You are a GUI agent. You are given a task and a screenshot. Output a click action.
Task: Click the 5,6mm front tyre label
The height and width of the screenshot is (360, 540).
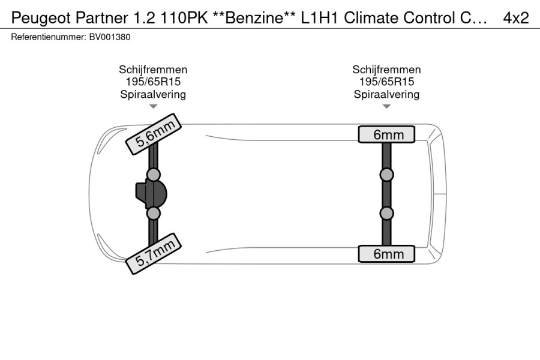(153, 134)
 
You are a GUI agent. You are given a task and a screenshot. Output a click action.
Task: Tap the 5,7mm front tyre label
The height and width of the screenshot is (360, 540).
(153, 254)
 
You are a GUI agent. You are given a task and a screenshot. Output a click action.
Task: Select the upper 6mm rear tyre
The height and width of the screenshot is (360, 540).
(386, 134)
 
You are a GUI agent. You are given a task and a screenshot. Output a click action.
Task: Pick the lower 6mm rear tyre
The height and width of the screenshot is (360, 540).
(386, 254)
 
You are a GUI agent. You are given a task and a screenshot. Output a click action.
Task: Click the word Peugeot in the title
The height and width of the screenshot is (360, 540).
(41, 18)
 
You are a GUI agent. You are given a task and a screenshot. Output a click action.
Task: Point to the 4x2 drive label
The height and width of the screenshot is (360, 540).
(515, 18)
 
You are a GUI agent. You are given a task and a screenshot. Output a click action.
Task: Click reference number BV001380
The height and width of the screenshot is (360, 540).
(110, 37)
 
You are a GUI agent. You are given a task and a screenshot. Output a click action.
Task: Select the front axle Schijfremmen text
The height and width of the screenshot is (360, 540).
(153, 70)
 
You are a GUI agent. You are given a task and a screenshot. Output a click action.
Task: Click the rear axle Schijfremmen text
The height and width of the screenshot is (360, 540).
(386, 70)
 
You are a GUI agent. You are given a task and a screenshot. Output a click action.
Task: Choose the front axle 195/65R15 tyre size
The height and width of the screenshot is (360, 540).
(153, 82)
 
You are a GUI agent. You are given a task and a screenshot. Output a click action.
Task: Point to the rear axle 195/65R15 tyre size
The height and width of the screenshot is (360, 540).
(386, 82)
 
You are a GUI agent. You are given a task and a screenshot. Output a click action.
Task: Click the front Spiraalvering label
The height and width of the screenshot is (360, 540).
(153, 94)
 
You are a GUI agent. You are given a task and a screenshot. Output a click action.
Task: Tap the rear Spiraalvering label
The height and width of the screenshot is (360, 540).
(386, 94)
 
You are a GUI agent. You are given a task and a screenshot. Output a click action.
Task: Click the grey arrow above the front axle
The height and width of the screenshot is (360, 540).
(153, 106)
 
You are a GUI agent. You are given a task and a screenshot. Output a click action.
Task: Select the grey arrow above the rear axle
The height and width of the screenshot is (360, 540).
(386, 106)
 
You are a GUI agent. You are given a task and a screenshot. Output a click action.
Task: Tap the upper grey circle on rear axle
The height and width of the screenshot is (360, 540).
(387, 175)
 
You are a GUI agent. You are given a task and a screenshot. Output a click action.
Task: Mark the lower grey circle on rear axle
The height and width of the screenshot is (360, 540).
(387, 213)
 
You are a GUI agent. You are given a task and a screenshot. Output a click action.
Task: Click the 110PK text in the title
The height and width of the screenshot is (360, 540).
(184, 18)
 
